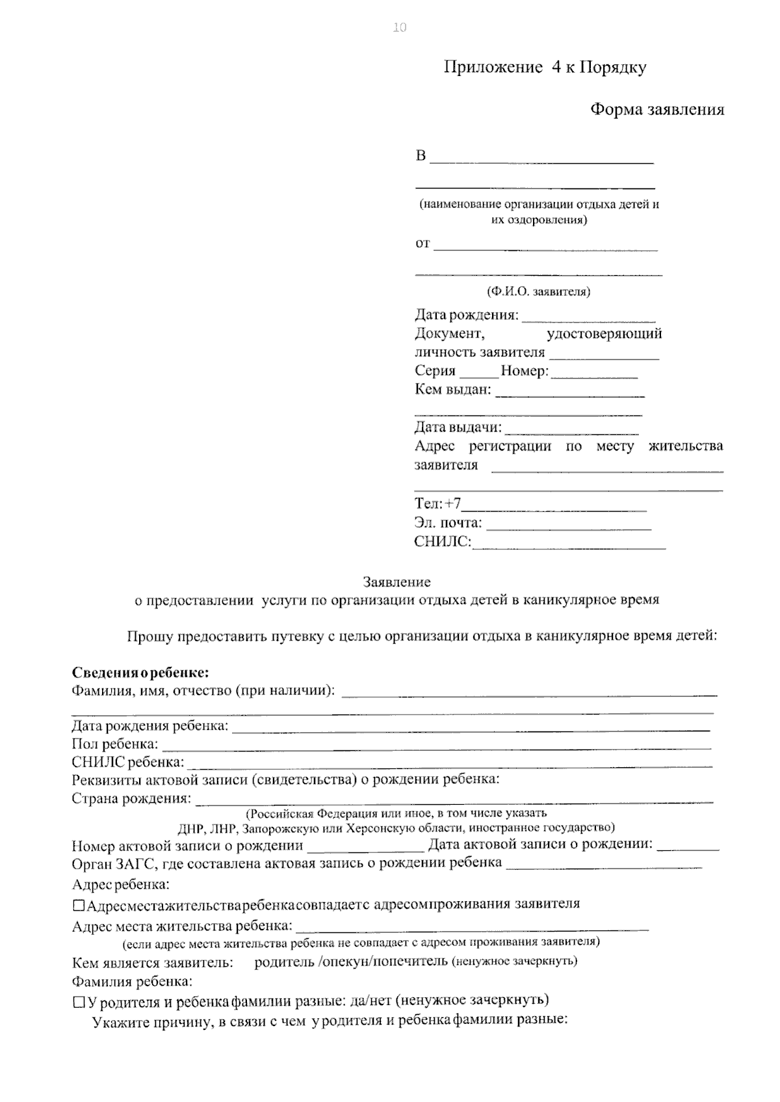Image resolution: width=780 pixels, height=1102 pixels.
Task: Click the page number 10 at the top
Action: point(400,27)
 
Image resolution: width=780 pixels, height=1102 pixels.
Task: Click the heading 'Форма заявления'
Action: point(656,110)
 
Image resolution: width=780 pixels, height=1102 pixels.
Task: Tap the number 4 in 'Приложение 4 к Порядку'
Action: point(557,68)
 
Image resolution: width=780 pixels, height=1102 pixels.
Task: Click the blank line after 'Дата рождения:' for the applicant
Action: point(588,318)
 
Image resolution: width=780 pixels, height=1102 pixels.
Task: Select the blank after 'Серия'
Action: point(479,373)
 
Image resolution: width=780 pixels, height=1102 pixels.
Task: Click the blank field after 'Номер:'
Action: point(593,373)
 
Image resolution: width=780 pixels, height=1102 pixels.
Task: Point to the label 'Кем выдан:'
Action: point(453,390)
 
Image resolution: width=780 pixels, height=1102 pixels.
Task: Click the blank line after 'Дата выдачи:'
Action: point(571,430)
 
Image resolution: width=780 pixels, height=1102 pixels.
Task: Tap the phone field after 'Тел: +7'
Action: point(554,506)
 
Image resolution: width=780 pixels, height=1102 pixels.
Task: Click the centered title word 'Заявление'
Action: point(396,582)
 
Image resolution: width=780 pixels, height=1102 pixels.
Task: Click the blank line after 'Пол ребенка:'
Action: point(435,746)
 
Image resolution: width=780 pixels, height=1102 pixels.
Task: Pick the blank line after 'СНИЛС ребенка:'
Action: point(448,763)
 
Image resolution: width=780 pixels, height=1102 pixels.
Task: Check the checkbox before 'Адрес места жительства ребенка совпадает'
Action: point(79,905)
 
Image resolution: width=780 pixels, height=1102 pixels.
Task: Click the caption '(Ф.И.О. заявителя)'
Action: point(538,292)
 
